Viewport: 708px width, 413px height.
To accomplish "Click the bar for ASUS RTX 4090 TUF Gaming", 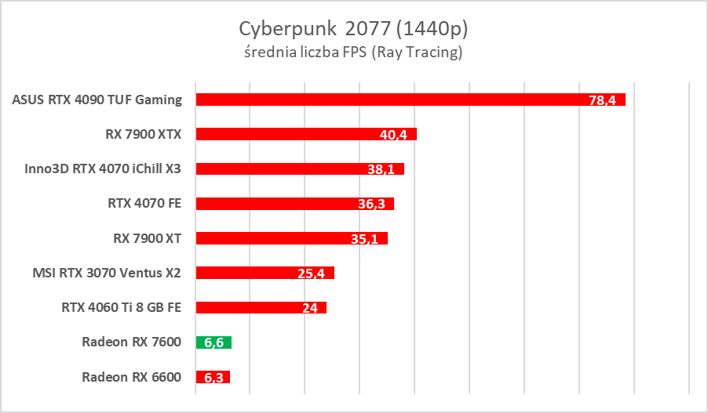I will click(392, 100).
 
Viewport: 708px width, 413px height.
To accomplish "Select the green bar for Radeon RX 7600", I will click(213, 342).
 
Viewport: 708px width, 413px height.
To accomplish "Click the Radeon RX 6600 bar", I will click(213, 377).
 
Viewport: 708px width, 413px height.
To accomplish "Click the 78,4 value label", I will click(607, 100).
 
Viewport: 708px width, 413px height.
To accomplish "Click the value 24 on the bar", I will click(310, 308).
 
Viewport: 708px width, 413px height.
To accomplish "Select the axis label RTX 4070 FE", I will click(144, 203).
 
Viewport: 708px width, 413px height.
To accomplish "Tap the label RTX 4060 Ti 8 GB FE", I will click(122, 307).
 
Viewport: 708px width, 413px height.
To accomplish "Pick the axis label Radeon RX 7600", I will click(131, 342).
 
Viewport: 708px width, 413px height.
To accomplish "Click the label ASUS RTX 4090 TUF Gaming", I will click(97, 100).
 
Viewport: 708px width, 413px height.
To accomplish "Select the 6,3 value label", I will click(213, 378).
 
